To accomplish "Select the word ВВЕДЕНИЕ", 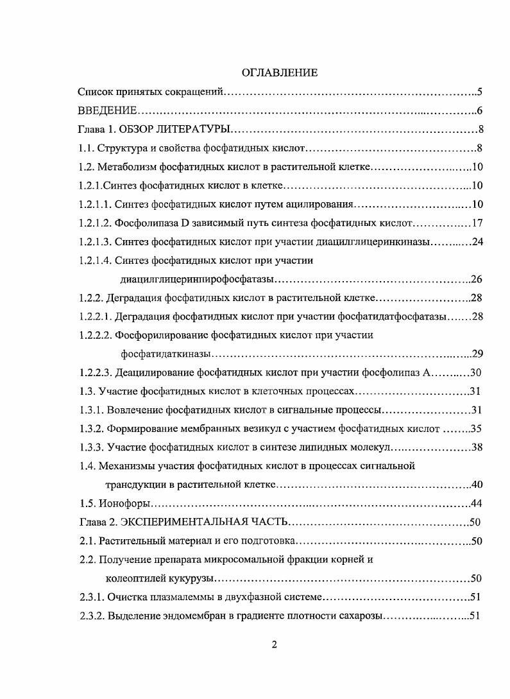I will point(107,110).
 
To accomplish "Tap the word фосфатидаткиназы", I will point(166,354).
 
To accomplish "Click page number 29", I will point(476,354).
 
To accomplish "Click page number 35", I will point(476,428).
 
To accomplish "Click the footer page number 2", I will point(274,646).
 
